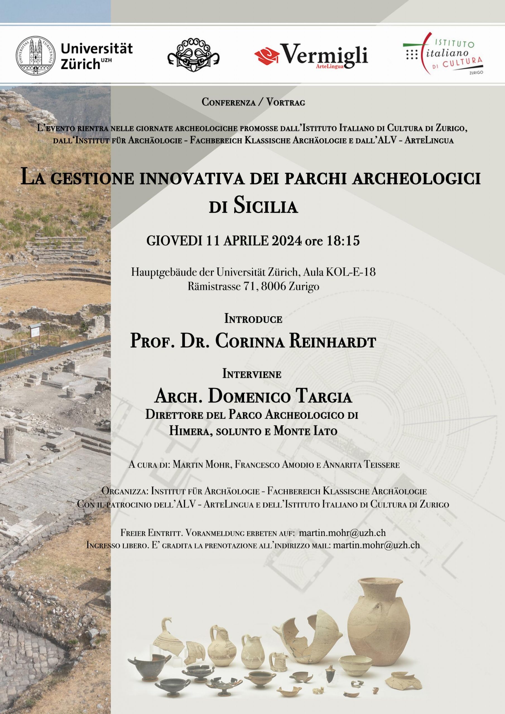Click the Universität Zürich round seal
(x=36, y=55)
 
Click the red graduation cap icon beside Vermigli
(x=267, y=56)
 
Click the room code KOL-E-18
(x=350, y=272)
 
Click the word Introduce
(x=253, y=319)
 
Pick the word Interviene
(x=252, y=374)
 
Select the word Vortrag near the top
(x=286, y=102)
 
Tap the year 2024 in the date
(x=287, y=241)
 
